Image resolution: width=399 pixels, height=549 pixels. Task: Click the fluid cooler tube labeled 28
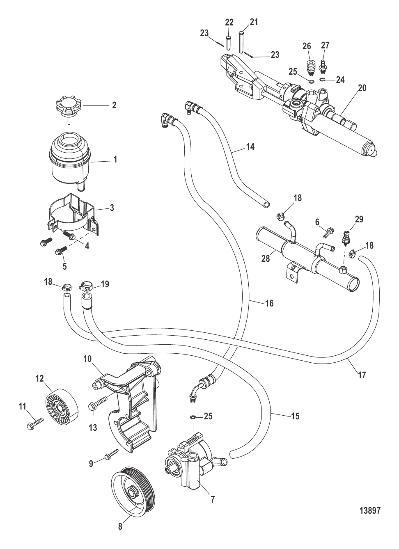(306, 258)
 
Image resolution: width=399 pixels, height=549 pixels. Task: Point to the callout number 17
(362, 375)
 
